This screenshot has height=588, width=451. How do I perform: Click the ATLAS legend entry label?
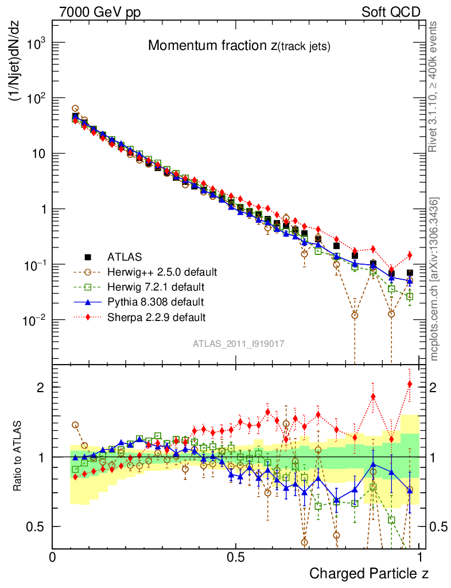pos(125,256)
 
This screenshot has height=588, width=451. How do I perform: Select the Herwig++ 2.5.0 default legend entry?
pos(162,271)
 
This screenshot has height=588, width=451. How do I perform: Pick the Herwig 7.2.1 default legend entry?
pos(156,286)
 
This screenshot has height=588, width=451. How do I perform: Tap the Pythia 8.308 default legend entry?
pos(155,301)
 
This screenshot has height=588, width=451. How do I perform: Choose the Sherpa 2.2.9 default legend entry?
pos(157,316)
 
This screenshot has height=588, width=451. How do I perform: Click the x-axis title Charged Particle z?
pos(369,573)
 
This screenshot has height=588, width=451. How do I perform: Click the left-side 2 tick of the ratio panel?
pos(40,387)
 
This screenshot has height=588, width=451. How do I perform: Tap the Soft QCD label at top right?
pos(391,11)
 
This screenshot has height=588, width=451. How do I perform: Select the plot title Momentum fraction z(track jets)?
pos(239,46)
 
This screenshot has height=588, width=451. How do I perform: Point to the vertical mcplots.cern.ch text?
pos(434,279)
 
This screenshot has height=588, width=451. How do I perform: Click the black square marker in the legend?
pos(88,256)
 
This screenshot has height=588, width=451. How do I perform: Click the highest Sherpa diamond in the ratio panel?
pos(410,384)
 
